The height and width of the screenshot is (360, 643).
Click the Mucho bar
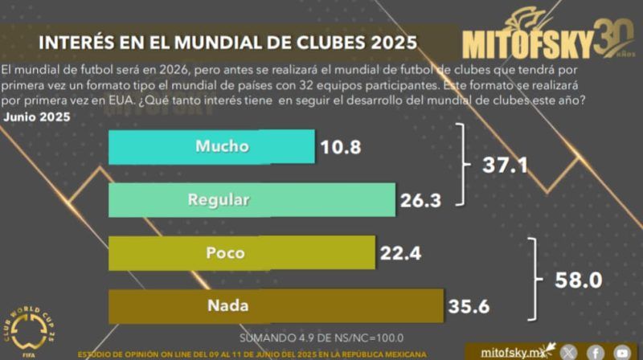pos(211,147)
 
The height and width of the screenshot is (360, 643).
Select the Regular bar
pos(252,200)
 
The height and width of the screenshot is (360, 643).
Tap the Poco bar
pos(241,252)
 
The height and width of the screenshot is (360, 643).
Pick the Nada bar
pos(275,305)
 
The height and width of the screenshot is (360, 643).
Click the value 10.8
pos(341,148)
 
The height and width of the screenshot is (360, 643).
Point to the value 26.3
pos(421,201)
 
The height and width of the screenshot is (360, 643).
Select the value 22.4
pos(401,254)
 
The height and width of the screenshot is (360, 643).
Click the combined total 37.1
pos(506,166)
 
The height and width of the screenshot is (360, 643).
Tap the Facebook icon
pos(596,352)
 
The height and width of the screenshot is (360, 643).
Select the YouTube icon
pos(622,352)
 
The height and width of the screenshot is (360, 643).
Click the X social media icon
pos(568,352)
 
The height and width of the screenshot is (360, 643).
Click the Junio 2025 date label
pos(37,117)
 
